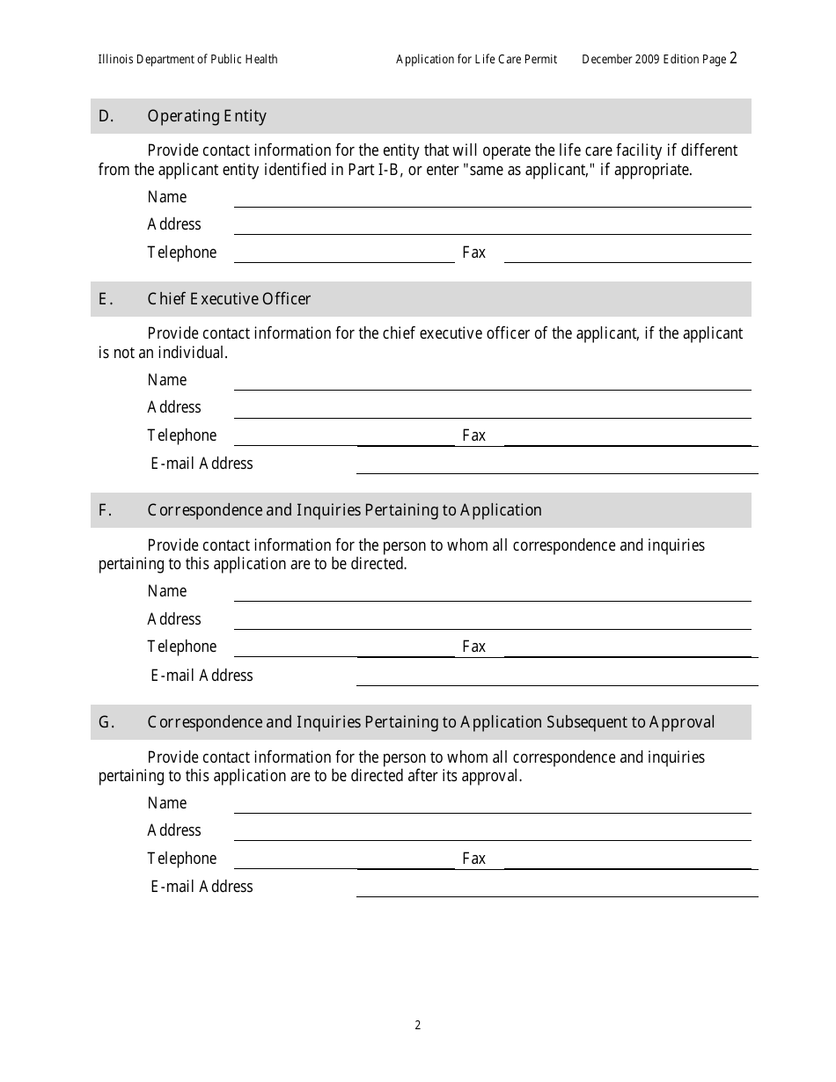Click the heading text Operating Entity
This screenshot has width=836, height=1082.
tap(207, 116)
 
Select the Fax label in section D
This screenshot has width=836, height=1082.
tap(473, 252)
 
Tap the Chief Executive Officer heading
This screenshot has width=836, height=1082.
tap(229, 299)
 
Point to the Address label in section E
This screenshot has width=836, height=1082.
tap(174, 407)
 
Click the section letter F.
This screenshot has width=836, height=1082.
tap(104, 510)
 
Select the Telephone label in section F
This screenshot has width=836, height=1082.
tap(181, 647)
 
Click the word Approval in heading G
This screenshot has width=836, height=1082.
tap(682, 722)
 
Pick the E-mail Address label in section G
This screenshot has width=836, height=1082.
tap(202, 887)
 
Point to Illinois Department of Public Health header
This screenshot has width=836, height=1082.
tap(187, 60)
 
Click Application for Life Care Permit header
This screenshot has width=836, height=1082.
tap(476, 60)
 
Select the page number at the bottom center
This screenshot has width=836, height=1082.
tap(418, 1025)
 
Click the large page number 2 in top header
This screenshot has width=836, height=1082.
tap(733, 58)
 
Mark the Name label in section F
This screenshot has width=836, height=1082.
tap(167, 591)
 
